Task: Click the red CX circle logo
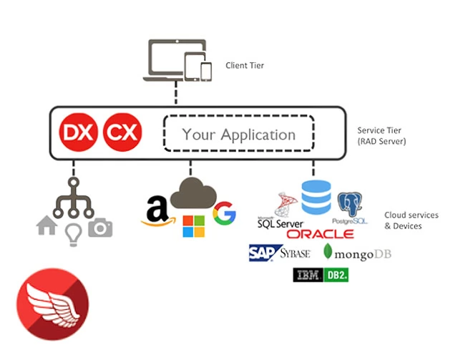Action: pyautogui.click(x=122, y=132)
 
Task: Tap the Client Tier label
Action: pyautogui.click(x=245, y=65)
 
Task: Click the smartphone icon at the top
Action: pyautogui.click(x=206, y=71)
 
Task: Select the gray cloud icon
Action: pyautogui.click(x=191, y=194)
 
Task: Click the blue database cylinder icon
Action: pyautogui.click(x=316, y=198)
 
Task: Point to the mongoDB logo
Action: pyautogui.click(x=358, y=253)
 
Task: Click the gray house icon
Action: pyautogui.click(x=47, y=225)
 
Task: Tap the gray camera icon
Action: pyautogui.click(x=100, y=227)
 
